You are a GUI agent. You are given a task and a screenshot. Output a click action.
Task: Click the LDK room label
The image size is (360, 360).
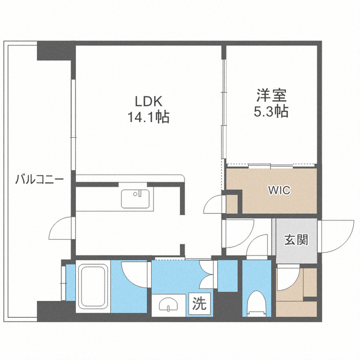148,101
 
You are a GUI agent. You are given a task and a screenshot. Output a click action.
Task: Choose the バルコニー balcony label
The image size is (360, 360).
39,179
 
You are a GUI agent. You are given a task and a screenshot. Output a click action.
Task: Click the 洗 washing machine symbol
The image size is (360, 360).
200,304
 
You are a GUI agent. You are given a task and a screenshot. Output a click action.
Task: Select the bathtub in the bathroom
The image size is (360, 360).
93,287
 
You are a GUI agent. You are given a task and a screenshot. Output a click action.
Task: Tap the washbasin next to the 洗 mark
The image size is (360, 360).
169,305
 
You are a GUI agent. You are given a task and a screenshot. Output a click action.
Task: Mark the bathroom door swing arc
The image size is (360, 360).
134,273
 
